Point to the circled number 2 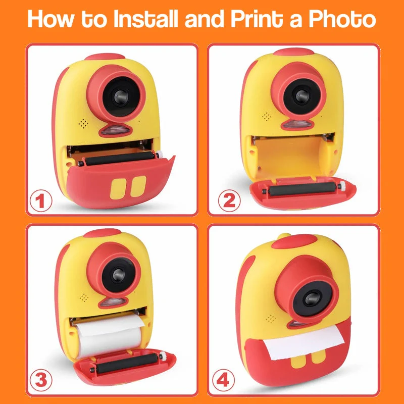click(229, 201)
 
